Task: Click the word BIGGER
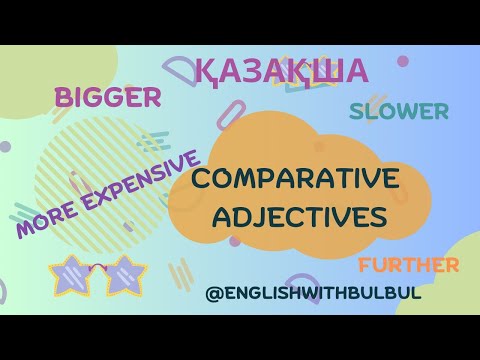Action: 108,97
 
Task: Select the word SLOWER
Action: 398,111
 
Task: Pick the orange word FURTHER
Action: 407,265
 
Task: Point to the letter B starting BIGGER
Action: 64,98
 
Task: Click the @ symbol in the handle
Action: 212,295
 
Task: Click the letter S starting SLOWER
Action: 356,111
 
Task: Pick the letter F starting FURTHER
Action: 362,265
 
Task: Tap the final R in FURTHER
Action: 451,265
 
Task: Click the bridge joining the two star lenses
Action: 97,268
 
